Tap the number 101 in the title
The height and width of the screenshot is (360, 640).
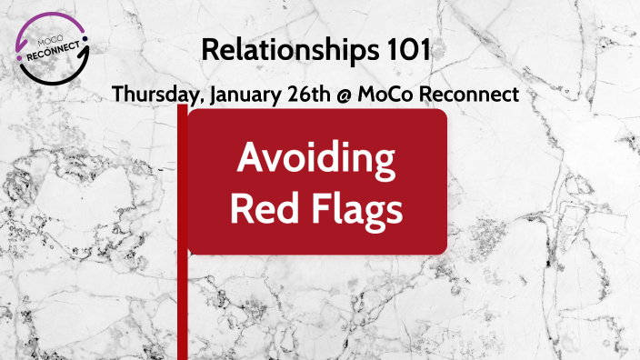407,51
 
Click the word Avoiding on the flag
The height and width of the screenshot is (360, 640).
316,161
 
